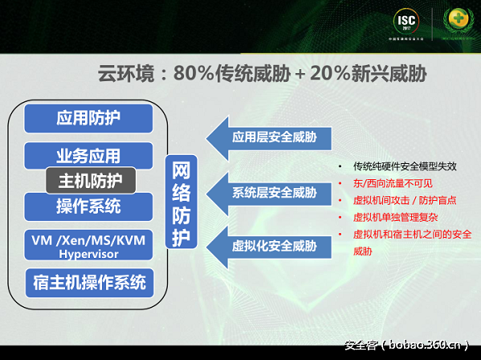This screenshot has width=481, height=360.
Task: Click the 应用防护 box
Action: (x=88, y=118)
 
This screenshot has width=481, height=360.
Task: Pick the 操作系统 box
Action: (x=88, y=207)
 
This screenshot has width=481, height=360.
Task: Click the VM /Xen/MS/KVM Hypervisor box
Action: (x=88, y=245)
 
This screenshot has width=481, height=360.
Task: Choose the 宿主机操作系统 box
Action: (x=88, y=283)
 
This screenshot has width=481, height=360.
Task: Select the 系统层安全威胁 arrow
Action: (x=266, y=193)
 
